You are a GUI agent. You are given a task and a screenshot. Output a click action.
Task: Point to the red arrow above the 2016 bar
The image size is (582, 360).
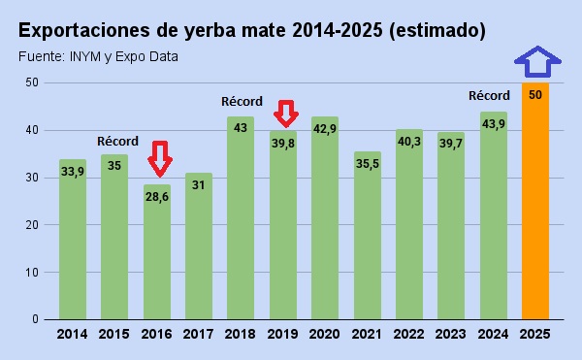pyautogui.click(x=159, y=157)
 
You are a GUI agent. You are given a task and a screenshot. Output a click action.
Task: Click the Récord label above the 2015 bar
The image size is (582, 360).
pyautogui.click(x=118, y=141)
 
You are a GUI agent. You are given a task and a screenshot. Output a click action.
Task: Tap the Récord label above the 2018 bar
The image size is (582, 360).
pyautogui.click(x=242, y=101)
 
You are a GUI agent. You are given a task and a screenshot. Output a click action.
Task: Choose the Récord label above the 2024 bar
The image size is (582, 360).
pyautogui.click(x=489, y=95)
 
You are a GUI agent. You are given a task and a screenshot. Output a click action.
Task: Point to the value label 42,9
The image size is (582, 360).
pyautogui.click(x=325, y=129)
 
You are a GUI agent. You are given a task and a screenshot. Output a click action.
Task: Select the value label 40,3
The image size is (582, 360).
pyautogui.click(x=409, y=142)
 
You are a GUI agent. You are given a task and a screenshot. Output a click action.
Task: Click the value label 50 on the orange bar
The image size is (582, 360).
pyautogui.click(x=534, y=94)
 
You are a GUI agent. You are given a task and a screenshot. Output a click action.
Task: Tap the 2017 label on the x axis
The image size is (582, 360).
pyautogui.click(x=199, y=334)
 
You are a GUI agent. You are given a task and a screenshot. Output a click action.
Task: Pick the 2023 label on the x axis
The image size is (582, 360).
pyautogui.click(x=451, y=334)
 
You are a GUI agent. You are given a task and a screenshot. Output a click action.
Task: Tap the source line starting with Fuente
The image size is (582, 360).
pyautogui.click(x=98, y=56)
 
